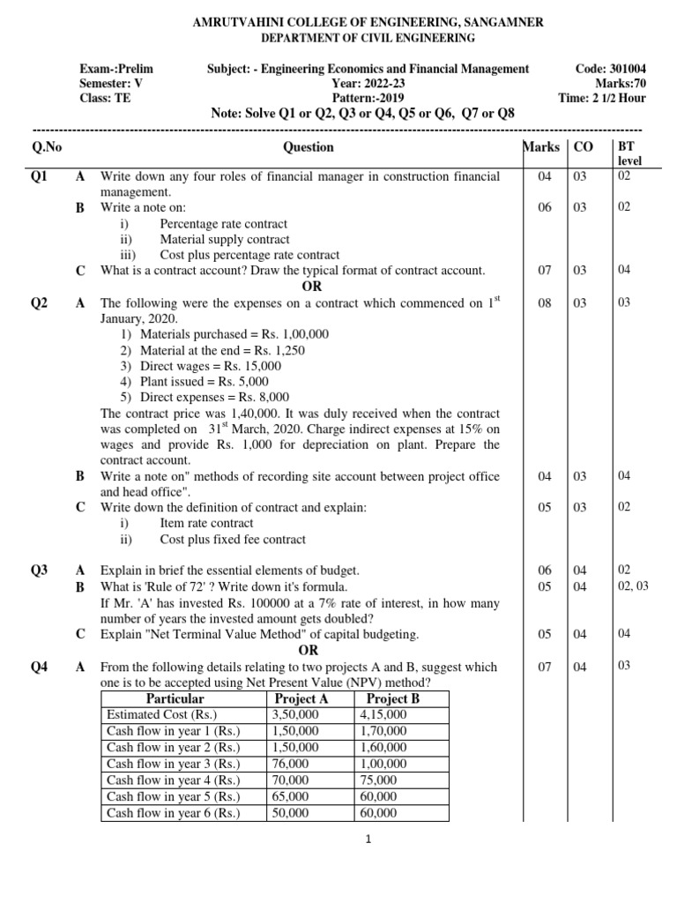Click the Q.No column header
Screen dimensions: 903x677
pyautogui.click(x=46, y=147)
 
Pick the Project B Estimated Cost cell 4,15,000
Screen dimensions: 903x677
pyautogui.click(x=383, y=714)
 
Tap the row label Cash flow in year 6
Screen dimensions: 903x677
pyautogui.click(x=173, y=813)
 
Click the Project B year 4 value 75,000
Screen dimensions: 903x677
pyautogui.click(x=378, y=780)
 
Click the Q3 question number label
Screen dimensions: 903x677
pyautogui.click(x=40, y=571)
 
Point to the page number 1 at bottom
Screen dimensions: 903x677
pyautogui.click(x=369, y=840)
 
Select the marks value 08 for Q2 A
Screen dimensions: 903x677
pyautogui.click(x=545, y=302)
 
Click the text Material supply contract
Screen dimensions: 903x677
pyautogui.click(x=224, y=239)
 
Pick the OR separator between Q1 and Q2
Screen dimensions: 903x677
pyautogui.click(x=311, y=286)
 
